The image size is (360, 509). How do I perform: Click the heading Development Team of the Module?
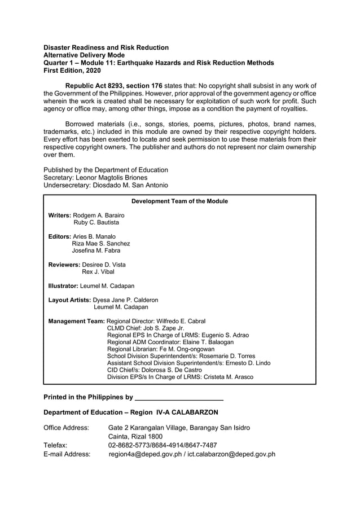(x=179, y=201)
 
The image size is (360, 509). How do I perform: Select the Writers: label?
(x=60, y=215)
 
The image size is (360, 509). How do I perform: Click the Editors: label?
(x=59, y=236)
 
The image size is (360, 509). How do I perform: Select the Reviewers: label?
(x=64, y=265)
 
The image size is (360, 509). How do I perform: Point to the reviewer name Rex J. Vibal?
(x=98, y=271)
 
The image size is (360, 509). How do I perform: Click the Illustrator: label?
(x=64, y=286)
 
